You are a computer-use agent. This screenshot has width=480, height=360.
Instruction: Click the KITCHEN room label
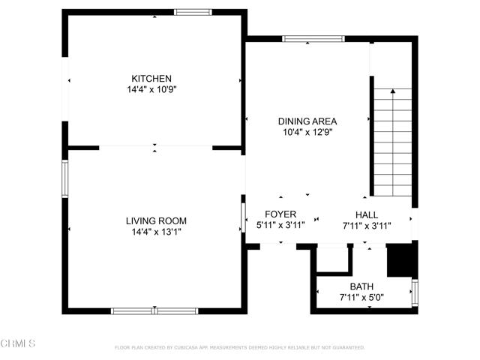(x=152, y=79)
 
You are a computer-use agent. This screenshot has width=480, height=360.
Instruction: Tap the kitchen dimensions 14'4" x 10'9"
(x=152, y=89)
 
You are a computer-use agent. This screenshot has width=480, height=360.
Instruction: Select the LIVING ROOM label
(x=156, y=221)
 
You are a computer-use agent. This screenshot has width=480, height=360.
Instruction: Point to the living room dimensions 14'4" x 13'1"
(x=156, y=232)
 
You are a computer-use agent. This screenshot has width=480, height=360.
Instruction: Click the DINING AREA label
(x=307, y=121)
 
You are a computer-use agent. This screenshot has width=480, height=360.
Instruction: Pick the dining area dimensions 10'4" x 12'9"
(x=307, y=131)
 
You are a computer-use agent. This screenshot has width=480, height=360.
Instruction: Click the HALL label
(x=366, y=214)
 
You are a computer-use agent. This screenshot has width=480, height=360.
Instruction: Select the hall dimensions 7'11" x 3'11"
(x=366, y=224)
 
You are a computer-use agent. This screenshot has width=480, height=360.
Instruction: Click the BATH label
(x=361, y=286)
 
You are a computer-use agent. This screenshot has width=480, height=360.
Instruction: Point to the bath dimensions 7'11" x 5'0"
(x=361, y=297)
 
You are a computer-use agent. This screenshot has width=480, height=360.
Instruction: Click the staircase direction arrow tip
(x=392, y=90)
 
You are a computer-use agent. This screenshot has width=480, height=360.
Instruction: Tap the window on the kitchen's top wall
(x=193, y=12)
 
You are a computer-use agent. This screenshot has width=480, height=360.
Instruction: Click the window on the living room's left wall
(x=65, y=178)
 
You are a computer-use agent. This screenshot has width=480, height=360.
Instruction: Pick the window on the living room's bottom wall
(x=154, y=310)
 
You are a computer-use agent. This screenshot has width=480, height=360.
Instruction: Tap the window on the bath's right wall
(x=415, y=291)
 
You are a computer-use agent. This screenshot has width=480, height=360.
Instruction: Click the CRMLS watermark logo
(x=19, y=344)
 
